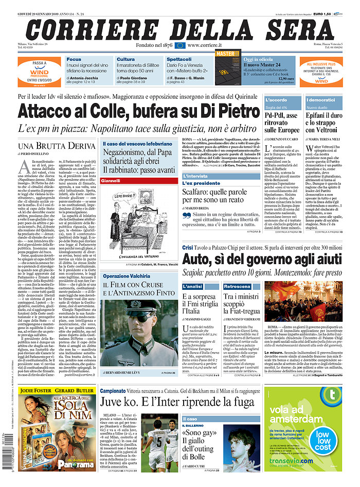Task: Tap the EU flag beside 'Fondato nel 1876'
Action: click(x=179, y=45)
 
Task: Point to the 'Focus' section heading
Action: click(x=74, y=59)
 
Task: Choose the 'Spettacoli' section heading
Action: click(x=179, y=59)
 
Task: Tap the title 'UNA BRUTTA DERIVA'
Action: click(x=57, y=146)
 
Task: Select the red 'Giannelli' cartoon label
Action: click(x=111, y=181)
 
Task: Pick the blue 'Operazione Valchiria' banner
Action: click(x=126, y=276)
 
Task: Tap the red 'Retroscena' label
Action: click(x=237, y=286)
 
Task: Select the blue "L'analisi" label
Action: click(x=193, y=286)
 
